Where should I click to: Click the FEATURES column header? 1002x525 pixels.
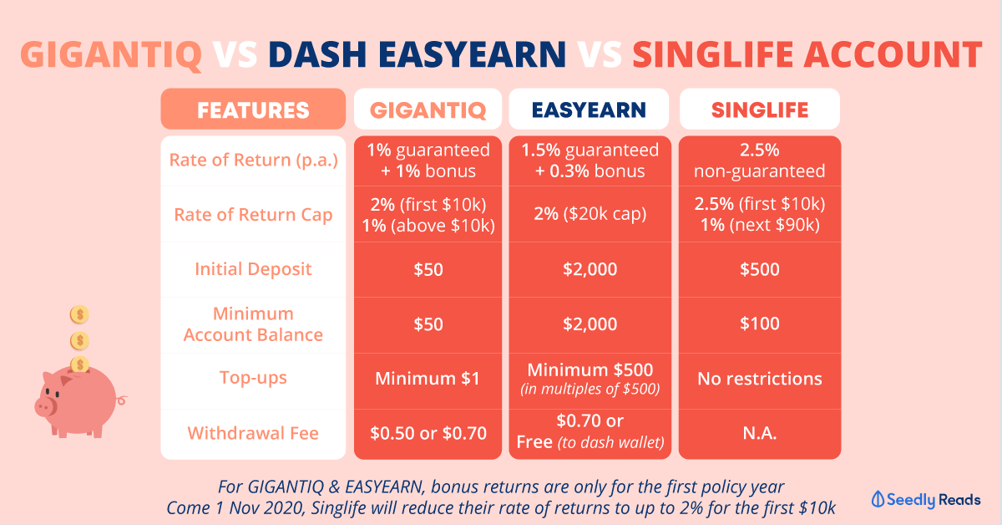coord(253,110)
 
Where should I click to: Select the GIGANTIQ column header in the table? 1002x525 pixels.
coord(428,110)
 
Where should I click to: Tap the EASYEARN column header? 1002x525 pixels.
coord(589,110)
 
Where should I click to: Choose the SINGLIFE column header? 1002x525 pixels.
coord(760,110)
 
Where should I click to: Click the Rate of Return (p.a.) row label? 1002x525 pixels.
coord(253,160)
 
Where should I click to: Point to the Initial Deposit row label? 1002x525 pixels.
coord(253,269)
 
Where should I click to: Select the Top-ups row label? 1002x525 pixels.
coord(253,378)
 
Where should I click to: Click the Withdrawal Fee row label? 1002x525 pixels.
coord(253,433)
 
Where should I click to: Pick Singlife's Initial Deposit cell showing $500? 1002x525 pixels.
coord(760,269)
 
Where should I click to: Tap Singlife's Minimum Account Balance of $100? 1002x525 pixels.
coord(760,324)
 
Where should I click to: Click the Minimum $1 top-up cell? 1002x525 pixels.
coord(428,379)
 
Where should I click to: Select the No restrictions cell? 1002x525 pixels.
coord(760,379)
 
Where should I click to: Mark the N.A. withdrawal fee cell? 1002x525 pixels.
coord(760,433)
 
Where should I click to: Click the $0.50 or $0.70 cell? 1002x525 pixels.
coord(428,433)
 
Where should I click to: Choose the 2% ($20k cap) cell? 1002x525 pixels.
coord(590,214)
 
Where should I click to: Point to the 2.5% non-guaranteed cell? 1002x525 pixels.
coord(760,161)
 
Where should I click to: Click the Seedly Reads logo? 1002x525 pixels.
coord(926,499)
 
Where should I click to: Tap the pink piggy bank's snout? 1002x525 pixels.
coord(44,407)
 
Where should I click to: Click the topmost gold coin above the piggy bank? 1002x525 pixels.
coord(79,314)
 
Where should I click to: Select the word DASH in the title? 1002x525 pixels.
coord(317,54)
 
